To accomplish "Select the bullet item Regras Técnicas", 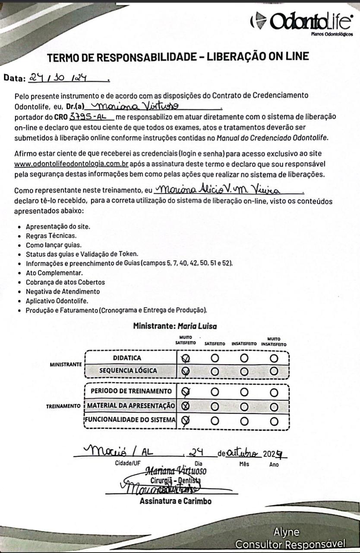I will pos(51,236).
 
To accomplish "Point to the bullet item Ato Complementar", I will pos(54,273).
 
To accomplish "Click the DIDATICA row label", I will pos(127,358).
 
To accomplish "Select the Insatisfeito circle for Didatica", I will pos(244,358).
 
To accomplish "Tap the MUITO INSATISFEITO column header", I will pos(274,342).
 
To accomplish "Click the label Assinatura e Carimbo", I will pos(175,502).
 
